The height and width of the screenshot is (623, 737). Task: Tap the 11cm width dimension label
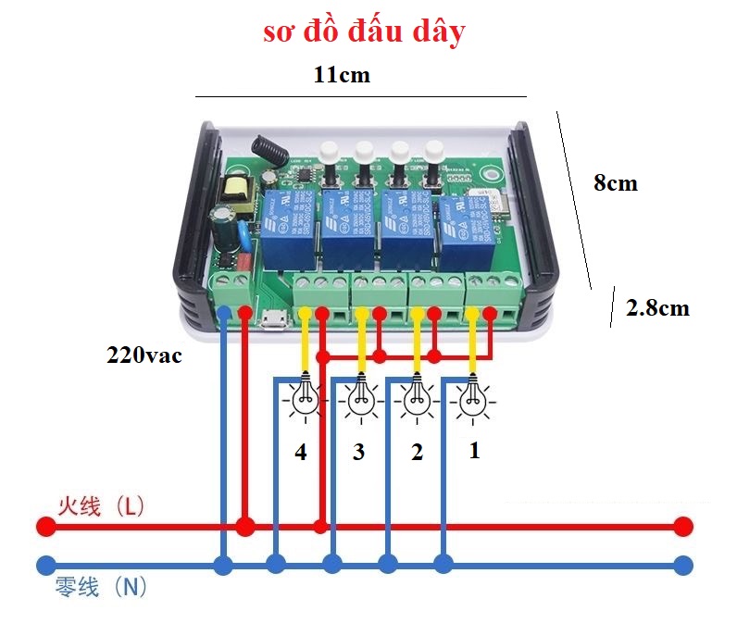pos(342,76)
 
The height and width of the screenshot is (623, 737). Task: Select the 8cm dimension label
pos(616,183)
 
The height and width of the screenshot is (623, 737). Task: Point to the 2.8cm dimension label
pos(657,308)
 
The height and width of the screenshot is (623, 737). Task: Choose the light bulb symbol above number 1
pos(473,399)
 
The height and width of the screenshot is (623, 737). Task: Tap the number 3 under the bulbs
pos(358,453)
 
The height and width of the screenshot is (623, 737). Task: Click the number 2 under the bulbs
pos(418,453)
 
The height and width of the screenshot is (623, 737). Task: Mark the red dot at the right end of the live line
pos(683,527)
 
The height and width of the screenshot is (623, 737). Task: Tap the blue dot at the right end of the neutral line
pos(683,565)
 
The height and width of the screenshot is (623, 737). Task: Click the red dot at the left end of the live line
pos(44,527)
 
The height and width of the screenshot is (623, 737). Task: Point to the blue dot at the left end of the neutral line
pos(44,565)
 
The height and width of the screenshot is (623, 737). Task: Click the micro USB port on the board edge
pos(274,321)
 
